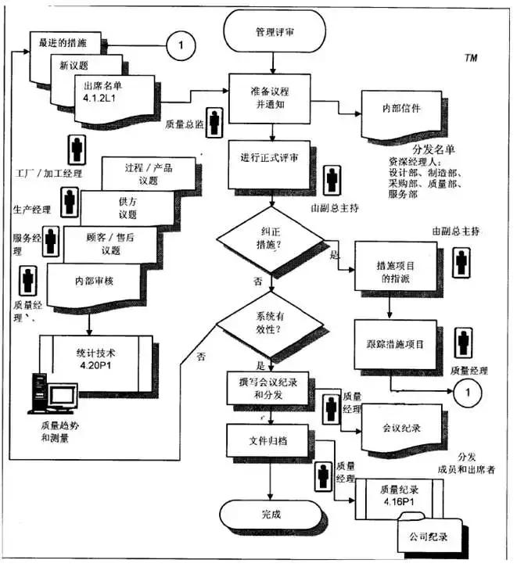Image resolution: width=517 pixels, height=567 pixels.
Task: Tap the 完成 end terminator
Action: pyautogui.click(x=271, y=516)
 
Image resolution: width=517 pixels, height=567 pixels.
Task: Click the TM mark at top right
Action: pyautogui.click(x=471, y=58)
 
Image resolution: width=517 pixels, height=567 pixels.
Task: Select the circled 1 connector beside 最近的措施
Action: pyautogui.click(x=180, y=46)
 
